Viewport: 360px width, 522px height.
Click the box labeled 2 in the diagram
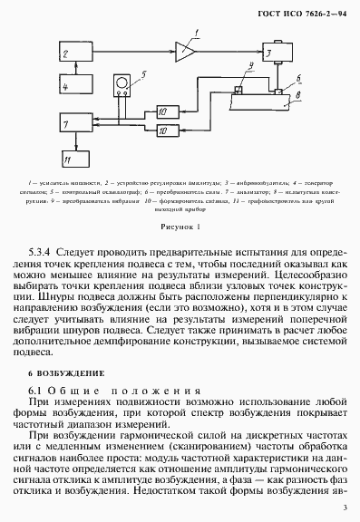[78, 55]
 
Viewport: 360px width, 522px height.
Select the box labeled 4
[78, 86]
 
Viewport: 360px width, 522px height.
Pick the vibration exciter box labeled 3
[271, 54]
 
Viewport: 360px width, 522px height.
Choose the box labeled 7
[77, 122]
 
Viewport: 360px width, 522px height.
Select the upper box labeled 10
[168, 111]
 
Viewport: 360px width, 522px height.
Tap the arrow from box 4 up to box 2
[78, 72]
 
